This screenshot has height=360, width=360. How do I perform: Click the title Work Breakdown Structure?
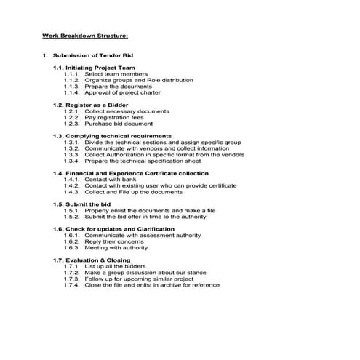[85, 35]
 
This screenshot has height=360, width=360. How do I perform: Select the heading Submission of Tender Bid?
[93, 56]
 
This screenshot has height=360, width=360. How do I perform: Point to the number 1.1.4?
[71, 93]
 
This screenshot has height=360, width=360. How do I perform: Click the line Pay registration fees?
[114, 118]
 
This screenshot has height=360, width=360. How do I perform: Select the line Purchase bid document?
[119, 124]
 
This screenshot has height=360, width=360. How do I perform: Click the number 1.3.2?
[71, 148]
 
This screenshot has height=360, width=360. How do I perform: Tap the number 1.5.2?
[71, 217]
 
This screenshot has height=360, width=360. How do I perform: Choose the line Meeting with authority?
[116, 248]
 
